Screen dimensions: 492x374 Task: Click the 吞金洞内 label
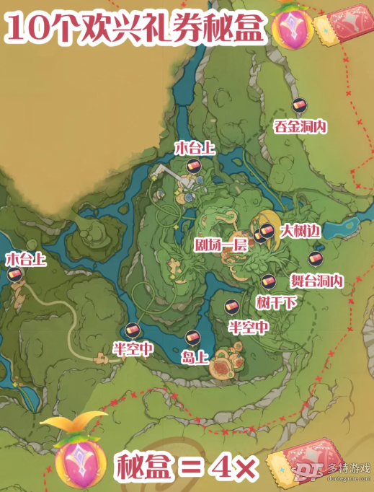[300, 126]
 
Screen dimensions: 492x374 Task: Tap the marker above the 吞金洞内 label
[299, 106]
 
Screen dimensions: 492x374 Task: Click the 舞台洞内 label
[314, 280]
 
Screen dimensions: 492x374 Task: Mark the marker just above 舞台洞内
[313, 258]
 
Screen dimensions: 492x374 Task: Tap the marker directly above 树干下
[267, 281]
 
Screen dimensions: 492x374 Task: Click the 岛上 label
[192, 356]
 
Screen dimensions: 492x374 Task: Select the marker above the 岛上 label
[192, 336]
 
